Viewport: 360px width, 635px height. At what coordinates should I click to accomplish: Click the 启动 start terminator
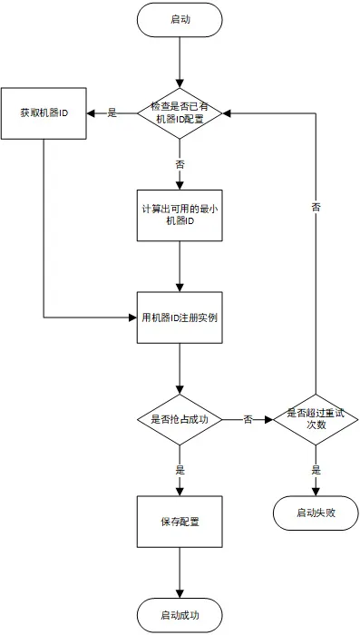coord(180,20)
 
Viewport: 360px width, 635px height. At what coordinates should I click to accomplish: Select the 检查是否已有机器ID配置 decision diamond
coord(180,113)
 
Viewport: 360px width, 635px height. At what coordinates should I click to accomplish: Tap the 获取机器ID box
coord(44,113)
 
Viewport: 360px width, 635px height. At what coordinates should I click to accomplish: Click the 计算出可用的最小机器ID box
coord(180,216)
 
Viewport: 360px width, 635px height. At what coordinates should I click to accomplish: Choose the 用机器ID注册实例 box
coord(180,317)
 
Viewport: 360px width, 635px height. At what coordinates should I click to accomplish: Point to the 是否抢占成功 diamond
coord(180,419)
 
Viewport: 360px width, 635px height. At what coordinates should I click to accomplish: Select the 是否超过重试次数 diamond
coord(316,419)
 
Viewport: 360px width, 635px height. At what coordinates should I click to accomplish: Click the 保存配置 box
coord(180,522)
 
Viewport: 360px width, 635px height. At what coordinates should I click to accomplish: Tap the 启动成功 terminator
coord(180,616)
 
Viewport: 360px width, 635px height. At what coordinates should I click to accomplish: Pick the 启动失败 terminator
coord(316,513)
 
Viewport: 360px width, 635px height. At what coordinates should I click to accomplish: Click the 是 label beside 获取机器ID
coord(112,113)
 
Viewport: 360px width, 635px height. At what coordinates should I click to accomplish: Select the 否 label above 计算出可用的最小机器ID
coord(180,164)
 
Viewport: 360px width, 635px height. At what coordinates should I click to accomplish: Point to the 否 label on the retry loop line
coord(316,207)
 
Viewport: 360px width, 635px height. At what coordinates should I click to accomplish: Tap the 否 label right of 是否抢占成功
coord(248,419)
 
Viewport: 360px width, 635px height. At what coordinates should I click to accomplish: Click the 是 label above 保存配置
coord(180,471)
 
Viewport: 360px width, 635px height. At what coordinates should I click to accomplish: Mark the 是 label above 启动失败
coord(316,471)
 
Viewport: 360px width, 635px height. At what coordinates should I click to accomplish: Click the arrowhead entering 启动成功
coord(180,593)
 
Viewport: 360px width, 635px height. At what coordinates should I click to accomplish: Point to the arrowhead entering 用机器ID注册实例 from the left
coord(132,317)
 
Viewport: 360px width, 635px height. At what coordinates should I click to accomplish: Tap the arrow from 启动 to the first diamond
coord(180,63)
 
